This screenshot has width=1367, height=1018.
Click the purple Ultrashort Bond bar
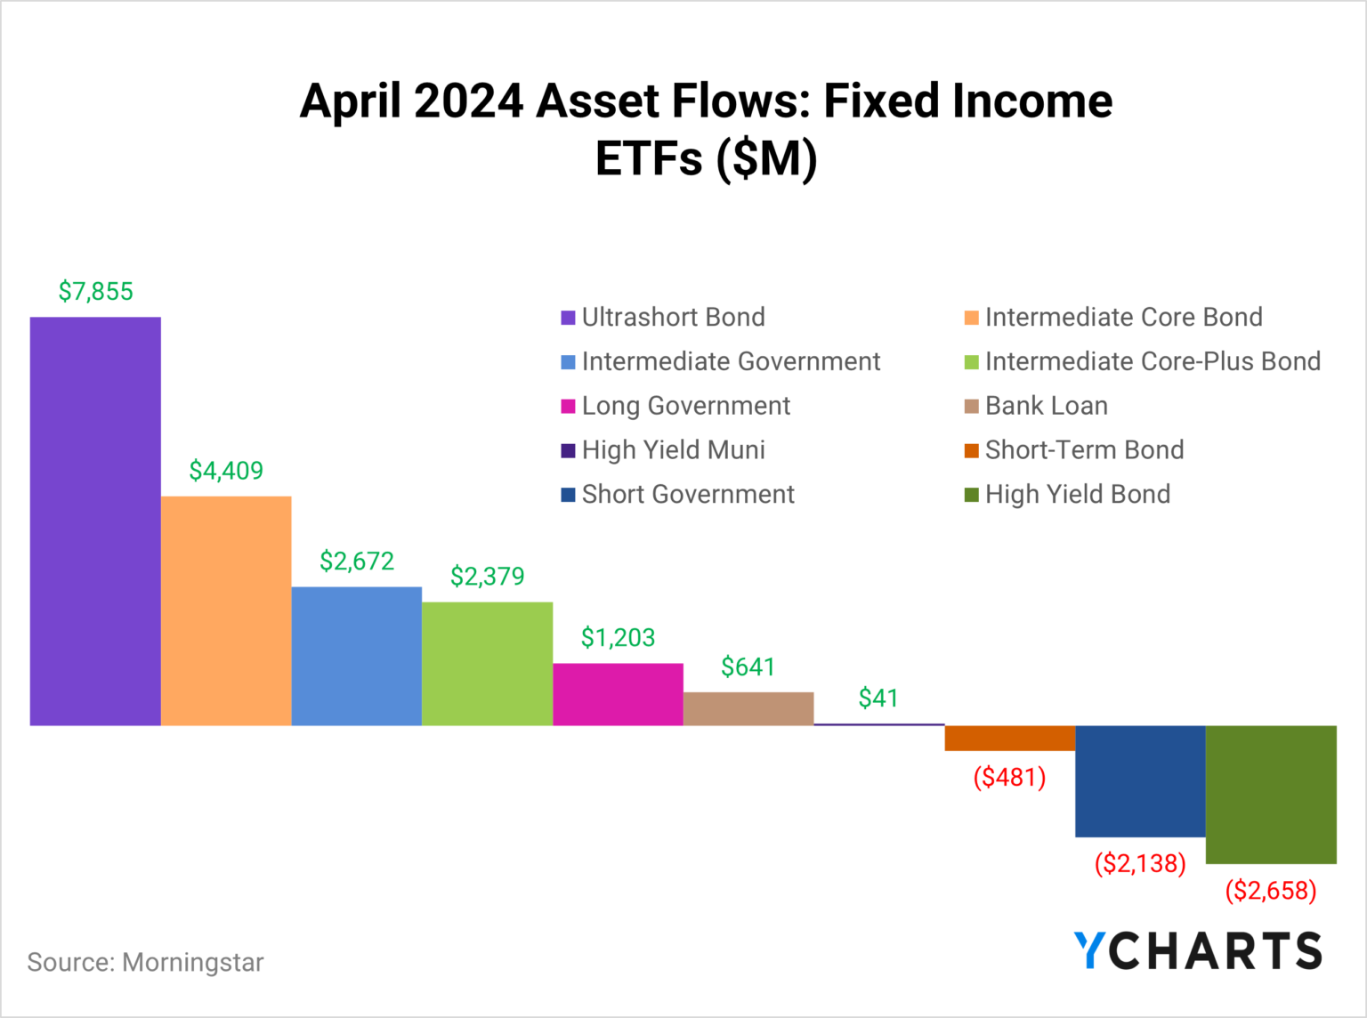[95, 521]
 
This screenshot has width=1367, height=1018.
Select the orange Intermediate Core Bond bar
[226, 610]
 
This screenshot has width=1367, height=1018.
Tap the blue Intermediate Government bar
[356, 656]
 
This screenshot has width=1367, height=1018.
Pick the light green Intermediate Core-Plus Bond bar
[487, 664]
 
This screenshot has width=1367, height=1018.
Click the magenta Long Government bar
[618, 694]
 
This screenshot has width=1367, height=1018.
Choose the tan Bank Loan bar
[748, 708]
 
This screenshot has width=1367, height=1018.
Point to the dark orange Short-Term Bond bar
[1009, 739]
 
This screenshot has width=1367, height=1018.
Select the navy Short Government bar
[1140, 781]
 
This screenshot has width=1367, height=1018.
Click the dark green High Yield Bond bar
[1271, 795]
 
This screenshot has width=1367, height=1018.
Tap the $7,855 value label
[95, 291]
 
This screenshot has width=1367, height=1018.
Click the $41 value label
[878, 699]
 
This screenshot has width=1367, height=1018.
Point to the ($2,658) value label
[1271, 890]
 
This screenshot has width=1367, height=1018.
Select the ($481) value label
[1009, 778]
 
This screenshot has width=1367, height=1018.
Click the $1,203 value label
[618, 637]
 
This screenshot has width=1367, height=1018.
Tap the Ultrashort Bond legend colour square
[568, 318]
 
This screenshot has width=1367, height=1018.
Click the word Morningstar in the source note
[193, 963]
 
